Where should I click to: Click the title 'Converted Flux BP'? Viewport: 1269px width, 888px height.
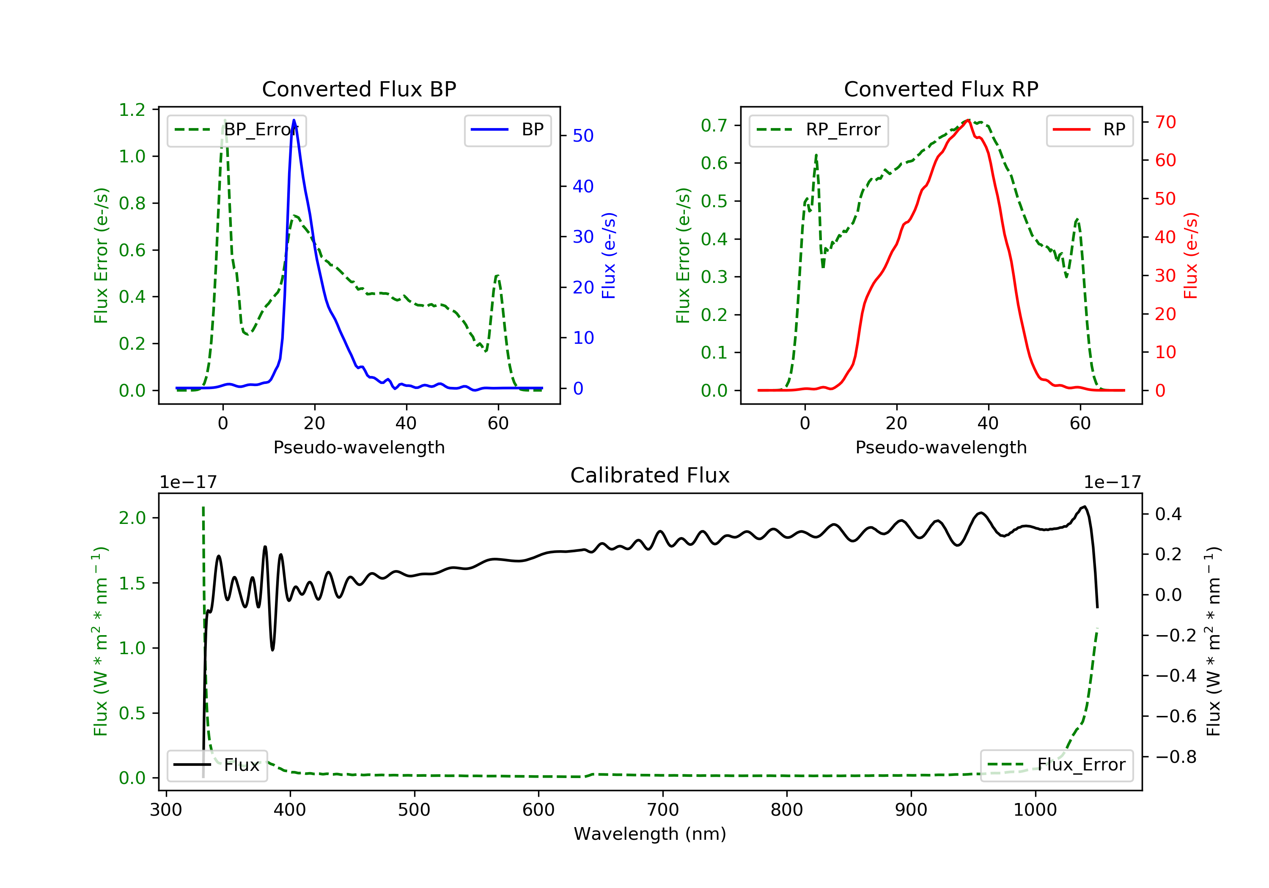pyautogui.click(x=359, y=89)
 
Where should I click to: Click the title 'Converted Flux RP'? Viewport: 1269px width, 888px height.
pyautogui.click(x=941, y=89)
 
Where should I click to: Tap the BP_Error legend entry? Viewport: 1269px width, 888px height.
pyautogui.click(x=236, y=130)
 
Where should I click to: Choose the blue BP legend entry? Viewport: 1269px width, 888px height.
pyautogui.click(x=507, y=130)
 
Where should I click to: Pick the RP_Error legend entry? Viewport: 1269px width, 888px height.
pyautogui.click(x=819, y=130)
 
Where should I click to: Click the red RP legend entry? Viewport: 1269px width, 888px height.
pyautogui.click(x=1089, y=130)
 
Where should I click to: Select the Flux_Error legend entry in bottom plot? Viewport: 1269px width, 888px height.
pyautogui.click(x=1056, y=765)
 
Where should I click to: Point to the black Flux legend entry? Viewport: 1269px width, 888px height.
pyautogui.click(x=217, y=765)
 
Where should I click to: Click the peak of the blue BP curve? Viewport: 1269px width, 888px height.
pyautogui.click(x=294, y=120)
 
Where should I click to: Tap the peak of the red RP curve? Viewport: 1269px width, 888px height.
pyautogui.click(x=968, y=120)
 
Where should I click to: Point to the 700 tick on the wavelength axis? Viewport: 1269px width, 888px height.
pyautogui.click(x=663, y=809)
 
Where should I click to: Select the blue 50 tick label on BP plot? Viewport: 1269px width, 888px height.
pyautogui.click(x=583, y=136)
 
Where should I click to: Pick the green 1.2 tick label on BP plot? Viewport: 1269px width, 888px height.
pyautogui.click(x=132, y=110)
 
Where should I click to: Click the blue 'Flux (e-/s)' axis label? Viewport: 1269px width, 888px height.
pyautogui.click(x=609, y=255)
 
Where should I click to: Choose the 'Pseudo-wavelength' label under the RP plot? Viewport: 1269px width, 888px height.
pyautogui.click(x=941, y=447)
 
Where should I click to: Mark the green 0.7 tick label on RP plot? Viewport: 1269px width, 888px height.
pyautogui.click(x=714, y=126)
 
